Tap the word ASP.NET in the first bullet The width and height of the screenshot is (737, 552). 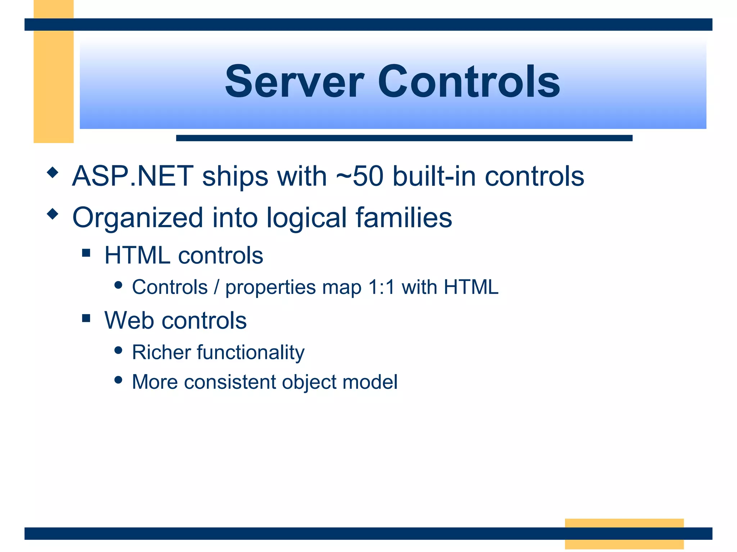(133, 176)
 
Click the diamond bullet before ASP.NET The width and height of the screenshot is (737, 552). (53, 172)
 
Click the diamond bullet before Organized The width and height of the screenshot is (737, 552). (53, 214)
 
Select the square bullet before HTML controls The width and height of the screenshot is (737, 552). (86, 253)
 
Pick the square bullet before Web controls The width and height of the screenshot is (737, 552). (86, 318)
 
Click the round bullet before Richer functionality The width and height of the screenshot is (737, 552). (118, 350)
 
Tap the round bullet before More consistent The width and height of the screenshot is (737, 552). (118, 379)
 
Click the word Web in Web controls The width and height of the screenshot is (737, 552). (128, 320)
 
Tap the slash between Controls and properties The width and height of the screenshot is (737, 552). (216, 287)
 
